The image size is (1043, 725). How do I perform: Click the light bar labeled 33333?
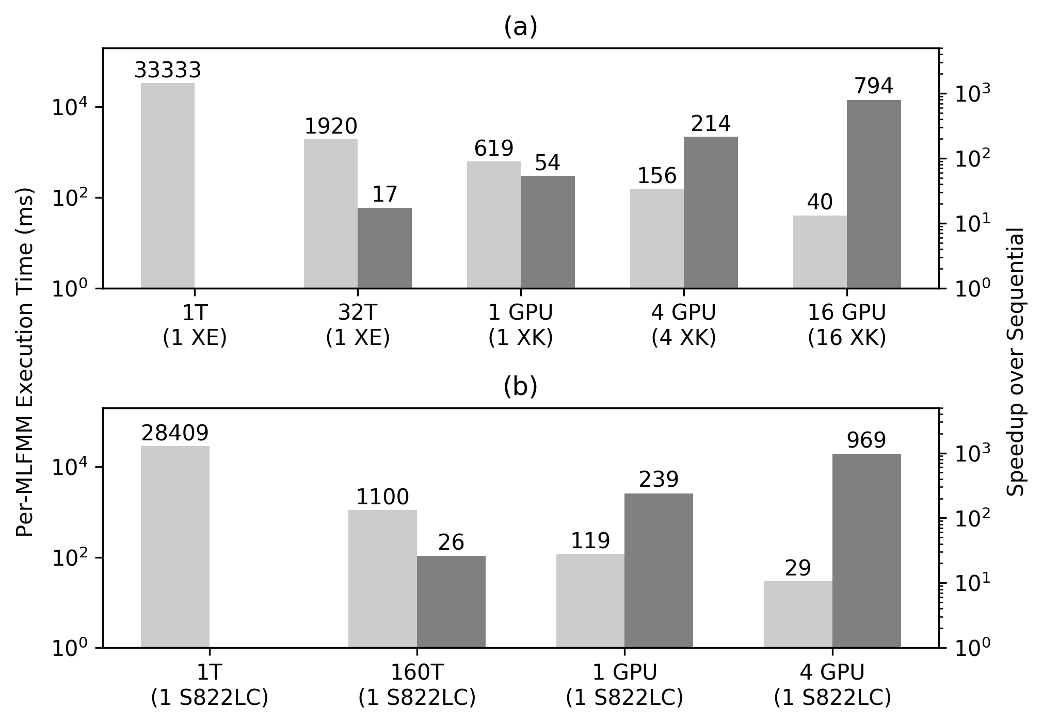168,186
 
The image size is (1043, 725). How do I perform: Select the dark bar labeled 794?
874,194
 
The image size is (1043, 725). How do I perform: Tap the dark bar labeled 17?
384,248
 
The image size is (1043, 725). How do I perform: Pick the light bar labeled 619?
494,225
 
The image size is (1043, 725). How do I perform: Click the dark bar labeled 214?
711,212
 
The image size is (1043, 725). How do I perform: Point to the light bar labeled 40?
820,252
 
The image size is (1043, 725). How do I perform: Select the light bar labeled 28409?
175,547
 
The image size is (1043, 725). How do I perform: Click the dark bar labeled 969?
867,551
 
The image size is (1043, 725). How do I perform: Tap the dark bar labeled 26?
451,602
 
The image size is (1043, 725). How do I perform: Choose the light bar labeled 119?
590,601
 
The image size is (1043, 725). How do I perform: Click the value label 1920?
331,126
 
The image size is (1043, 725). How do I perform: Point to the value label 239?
659,480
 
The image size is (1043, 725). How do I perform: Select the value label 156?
656,176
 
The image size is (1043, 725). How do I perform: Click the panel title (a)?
520,27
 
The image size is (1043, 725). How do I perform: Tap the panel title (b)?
520,387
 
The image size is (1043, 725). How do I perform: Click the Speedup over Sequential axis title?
1015,361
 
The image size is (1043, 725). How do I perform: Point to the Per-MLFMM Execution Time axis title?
25,361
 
